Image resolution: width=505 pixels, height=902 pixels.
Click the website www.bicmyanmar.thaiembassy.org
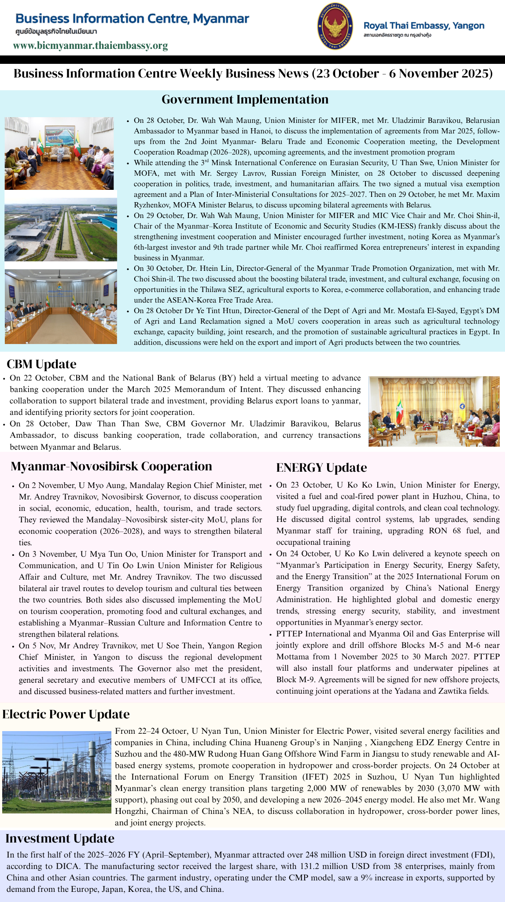click(90, 46)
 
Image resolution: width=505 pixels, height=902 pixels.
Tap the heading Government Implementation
click(245, 100)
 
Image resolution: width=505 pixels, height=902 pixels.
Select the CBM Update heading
click(41, 364)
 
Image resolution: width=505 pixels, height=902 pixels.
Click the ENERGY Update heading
click(321, 467)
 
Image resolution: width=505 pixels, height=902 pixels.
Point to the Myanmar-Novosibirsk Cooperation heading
click(111, 466)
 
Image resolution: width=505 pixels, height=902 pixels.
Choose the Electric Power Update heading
click(66, 714)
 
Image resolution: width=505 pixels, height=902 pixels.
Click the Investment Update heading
click(60, 839)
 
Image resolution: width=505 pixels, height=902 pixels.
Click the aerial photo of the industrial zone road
click(61, 229)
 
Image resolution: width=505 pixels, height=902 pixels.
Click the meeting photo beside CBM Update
click(434, 411)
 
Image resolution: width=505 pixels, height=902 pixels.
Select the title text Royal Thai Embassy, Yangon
click(424, 26)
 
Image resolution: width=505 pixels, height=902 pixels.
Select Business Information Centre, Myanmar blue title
click(132, 18)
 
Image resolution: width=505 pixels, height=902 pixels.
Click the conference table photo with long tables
click(61, 307)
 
